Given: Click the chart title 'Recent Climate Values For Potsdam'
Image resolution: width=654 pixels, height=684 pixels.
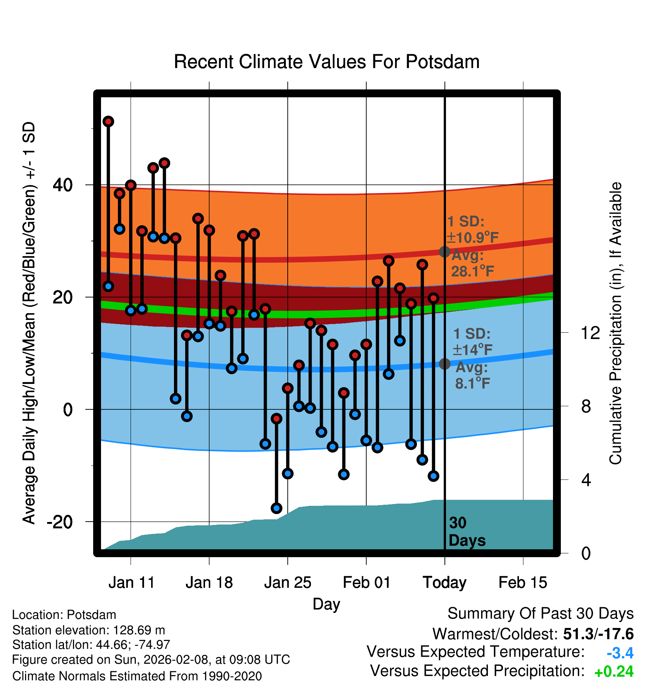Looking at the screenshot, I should click(x=327, y=62).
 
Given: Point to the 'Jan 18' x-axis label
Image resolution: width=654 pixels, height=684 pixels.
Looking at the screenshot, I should click(x=209, y=583).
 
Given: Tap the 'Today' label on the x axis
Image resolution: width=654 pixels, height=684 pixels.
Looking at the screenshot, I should click(x=444, y=583).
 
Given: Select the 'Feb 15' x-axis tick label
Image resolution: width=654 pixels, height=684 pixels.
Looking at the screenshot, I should click(x=523, y=583).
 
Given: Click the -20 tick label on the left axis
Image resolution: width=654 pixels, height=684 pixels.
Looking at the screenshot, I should click(x=60, y=522).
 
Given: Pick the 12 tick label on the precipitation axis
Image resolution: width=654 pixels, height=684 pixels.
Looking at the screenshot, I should click(x=590, y=333).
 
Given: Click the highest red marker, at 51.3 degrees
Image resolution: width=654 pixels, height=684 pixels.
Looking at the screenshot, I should click(x=108, y=122).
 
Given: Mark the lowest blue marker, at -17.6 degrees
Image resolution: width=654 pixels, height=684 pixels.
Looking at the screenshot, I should click(x=276, y=508).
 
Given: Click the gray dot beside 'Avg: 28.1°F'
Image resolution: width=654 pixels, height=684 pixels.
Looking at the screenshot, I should click(x=444, y=252).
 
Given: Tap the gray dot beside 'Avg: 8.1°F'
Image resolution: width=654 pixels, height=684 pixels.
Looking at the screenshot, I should click(x=444, y=364).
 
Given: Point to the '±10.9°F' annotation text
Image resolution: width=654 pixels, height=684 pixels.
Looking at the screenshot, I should click(x=473, y=238).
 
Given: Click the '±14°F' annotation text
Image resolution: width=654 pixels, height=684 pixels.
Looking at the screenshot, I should click(x=473, y=350).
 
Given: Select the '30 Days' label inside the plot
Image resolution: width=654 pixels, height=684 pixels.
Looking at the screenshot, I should click(x=467, y=532).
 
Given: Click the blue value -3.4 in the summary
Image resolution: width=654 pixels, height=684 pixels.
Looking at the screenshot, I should click(x=620, y=653).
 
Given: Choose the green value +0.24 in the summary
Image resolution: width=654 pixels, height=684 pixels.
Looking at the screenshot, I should click(x=614, y=672).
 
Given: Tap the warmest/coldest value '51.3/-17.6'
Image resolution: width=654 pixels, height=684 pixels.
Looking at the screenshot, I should click(x=598, y=634).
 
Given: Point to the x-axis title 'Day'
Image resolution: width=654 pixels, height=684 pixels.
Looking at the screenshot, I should click(x=326, y=604).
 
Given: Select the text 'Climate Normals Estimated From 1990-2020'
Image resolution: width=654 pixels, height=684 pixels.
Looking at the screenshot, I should click(x=137, y=676).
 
